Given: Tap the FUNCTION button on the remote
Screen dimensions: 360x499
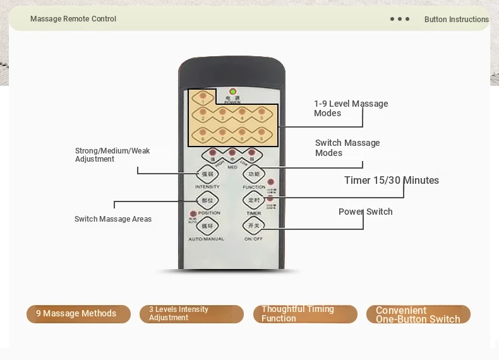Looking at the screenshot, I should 253,174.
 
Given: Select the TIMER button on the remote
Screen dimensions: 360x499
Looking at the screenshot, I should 253,200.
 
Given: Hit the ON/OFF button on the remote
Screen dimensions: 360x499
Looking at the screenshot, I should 253,225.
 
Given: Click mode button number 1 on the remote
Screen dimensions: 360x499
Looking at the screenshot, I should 203,98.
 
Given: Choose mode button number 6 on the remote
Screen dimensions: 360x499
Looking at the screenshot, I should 203,134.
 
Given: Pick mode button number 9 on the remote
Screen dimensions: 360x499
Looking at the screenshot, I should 261,134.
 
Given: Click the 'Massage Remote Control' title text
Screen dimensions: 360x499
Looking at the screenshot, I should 73,19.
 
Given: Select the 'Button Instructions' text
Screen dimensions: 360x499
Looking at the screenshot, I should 456,20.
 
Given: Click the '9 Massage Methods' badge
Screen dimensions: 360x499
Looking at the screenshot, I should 78,314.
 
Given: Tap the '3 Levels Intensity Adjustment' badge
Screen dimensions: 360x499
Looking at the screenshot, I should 191,314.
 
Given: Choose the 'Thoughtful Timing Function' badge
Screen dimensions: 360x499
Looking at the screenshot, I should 304,314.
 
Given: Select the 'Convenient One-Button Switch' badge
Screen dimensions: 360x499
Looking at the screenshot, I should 418,315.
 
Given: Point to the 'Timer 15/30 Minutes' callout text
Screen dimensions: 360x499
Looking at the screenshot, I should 391,181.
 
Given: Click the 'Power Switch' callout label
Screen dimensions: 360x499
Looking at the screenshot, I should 365,212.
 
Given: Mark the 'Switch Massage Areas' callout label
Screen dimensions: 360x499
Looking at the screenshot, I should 113,219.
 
